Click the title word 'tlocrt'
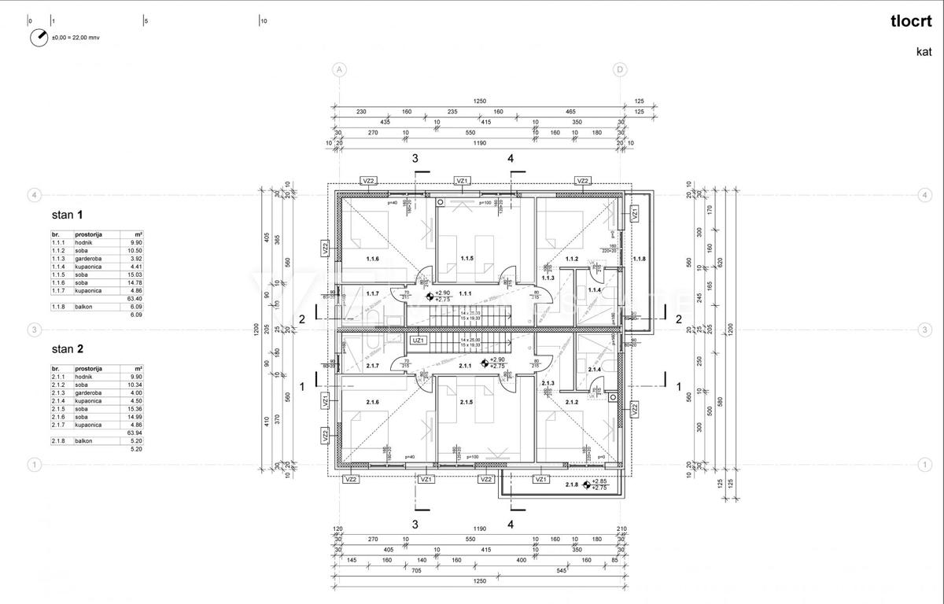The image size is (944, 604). (x=910, y=22)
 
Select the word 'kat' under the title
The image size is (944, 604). (x=924, y=52)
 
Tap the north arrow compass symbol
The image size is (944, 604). (x=39, y=37)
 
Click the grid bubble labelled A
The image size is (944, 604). (x=339, y=69)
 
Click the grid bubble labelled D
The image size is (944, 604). (x=620, y=69)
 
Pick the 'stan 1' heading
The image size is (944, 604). (x=67, y=214)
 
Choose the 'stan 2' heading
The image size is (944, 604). (x=67, y=348)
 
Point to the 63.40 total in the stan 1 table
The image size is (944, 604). (x=135, y=298)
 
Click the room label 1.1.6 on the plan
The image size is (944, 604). (x=372, y=259)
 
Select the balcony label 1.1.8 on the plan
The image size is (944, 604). (x=639, y=259)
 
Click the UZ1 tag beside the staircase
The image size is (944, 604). (x=418, y=340)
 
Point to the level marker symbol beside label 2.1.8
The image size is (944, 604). (x=586, y=484)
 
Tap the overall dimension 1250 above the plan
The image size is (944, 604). (x=479, y=101)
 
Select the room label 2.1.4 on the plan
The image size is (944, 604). (x=594, y=370)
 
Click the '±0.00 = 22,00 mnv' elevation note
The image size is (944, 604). (x=76, y=37)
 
